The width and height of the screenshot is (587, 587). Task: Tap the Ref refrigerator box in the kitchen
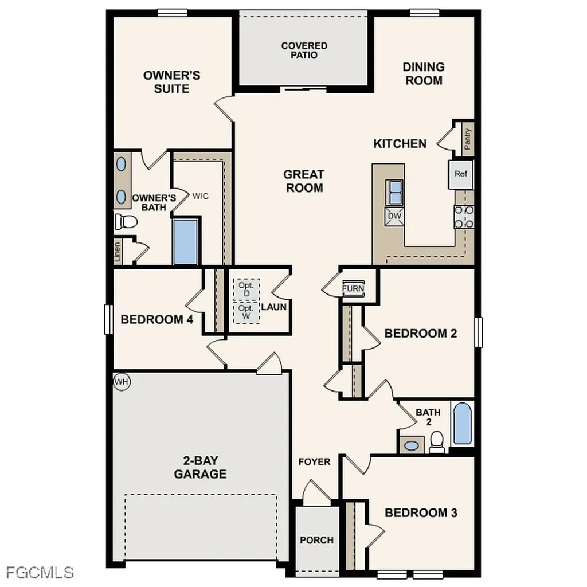[460, 174]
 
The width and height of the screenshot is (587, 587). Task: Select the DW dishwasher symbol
[394, 216]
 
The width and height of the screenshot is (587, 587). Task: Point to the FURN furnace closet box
[353, 288]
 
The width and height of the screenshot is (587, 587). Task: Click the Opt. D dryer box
[246, 289]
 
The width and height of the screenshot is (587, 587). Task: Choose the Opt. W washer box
[246, 312]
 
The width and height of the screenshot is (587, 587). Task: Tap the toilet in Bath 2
[437, 441]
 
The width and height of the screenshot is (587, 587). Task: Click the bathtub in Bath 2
[462, 424]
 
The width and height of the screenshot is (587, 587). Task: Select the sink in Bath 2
[411, 445]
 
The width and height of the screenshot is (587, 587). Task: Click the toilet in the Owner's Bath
[126, 221]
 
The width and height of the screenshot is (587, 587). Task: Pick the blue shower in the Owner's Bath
[185, 241]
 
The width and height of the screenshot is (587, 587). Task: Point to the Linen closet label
[118, 252]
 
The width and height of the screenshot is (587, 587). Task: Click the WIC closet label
[200, 196]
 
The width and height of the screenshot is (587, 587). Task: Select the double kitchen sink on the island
[394, 192]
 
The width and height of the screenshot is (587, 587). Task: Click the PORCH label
[316, 540]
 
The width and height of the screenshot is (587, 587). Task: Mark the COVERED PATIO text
[304, 50]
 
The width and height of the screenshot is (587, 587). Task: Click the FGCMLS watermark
[40, 572]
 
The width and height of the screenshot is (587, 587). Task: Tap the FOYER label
[314, 461]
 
